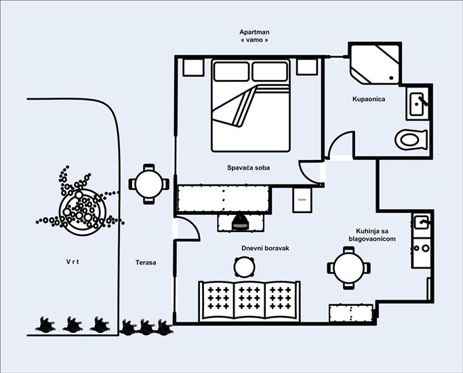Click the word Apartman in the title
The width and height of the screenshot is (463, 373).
pos(254,32)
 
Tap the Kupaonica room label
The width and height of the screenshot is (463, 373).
pos(368,99)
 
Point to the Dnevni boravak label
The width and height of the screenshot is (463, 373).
pos(265,249)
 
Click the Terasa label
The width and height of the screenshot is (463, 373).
pos(145,262)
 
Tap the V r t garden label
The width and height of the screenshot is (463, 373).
pos(73,262)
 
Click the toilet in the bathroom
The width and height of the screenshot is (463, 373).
pos(411,140)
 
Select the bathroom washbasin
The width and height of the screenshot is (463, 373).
pos(418,103)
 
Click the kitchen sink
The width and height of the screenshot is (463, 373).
pos(422,222)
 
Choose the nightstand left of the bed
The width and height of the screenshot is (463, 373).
pos(193,66)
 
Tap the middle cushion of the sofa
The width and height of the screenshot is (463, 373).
pos(250,299)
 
